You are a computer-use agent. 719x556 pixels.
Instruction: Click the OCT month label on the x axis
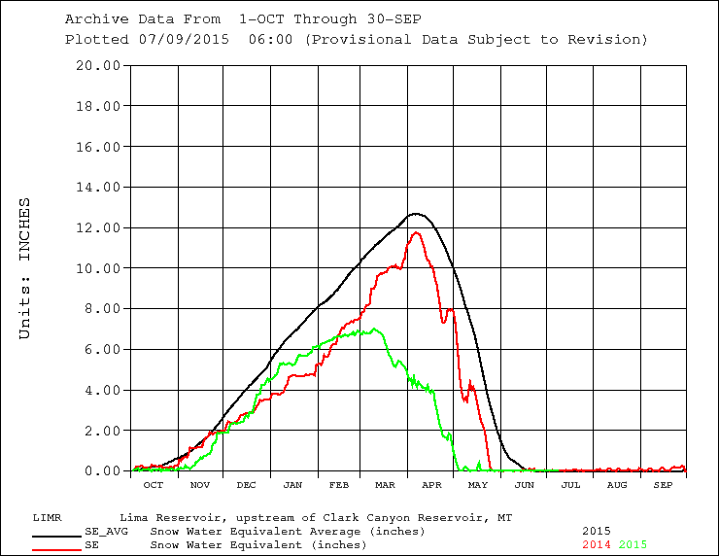pyautogui.click(x=153, y=484)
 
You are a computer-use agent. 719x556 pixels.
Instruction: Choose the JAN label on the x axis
pyautogui.click(x=291, y=484)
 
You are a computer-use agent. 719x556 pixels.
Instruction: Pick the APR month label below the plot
pyautogui.click(x=431, y=484)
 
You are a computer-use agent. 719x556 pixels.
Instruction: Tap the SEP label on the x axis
pyautogui.click(x=663, y=484)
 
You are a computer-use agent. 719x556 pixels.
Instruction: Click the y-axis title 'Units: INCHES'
pyautogui.click(x=26, y=268)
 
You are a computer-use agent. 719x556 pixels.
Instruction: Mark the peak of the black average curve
pyautogui.click(x=416, y=213)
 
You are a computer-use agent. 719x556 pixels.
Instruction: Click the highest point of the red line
pyautogui.click(x=417, y=231)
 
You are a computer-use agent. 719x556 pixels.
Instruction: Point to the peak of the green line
pyautogui.click(x=374, y=329)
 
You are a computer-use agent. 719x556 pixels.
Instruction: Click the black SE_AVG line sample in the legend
pyautogui.click(x=54, y=536)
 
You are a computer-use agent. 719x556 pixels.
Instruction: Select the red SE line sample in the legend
pyautogui.click(x=54, y=549)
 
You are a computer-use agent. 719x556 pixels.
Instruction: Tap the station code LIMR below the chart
pyautogui.click(x=49, y=517)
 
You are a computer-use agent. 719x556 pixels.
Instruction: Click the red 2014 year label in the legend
pyautogui.click(x=597, y=545)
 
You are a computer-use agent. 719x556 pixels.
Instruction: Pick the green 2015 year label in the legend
pyautogui.click(x=633, y=545)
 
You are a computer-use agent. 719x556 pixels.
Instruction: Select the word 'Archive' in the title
pyautogui.click(x=92, y=18)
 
